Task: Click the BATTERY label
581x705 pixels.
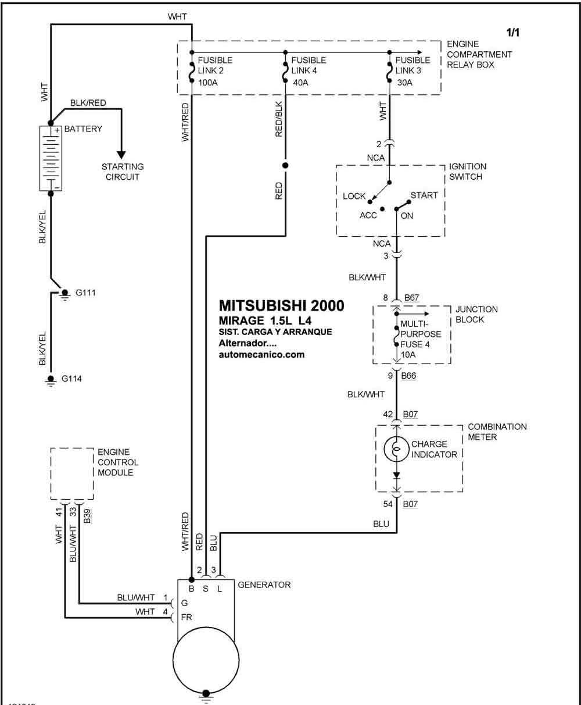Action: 83,129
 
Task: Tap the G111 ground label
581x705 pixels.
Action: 85,293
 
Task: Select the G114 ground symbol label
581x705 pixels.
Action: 71,379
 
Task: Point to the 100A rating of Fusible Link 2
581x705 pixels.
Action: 208,83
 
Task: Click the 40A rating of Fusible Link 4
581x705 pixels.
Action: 300,83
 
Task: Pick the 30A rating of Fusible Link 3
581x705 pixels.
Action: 404,83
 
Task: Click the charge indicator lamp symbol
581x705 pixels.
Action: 397,449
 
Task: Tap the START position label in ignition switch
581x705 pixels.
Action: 424,195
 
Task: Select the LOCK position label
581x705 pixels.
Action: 354,196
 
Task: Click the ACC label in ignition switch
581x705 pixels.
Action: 368,215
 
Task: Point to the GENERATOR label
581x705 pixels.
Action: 264,585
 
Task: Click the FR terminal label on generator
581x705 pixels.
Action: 187,617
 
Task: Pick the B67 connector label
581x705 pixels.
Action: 411,297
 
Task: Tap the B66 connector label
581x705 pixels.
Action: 408,375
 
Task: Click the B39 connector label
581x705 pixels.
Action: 87,515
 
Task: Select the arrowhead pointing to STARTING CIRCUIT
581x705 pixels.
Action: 121,155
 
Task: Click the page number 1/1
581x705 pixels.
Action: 512,33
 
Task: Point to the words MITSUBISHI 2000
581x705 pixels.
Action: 282,305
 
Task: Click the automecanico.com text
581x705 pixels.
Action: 261,354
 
